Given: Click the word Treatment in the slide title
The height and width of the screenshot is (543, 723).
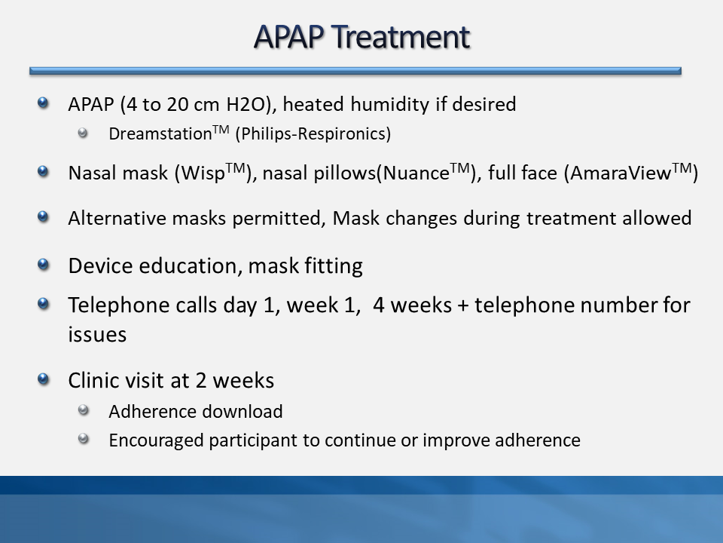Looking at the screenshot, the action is pos(400,37).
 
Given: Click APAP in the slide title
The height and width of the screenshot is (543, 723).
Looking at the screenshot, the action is pos(288,37).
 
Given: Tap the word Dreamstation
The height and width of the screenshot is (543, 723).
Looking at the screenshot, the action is pos(160,134).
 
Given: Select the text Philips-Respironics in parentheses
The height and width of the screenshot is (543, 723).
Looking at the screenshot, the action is pos(313,134).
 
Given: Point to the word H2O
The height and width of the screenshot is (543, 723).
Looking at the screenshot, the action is pos(246,104).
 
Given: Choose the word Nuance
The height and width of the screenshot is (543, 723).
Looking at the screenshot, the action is pos(416,173).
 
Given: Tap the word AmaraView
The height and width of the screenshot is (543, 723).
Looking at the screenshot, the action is pos(620,173).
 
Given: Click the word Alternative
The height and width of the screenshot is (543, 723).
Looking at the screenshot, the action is pos(117,218).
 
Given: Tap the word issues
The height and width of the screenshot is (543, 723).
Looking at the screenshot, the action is pos(97,335).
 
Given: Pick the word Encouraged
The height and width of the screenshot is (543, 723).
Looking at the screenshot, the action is pos(156,440).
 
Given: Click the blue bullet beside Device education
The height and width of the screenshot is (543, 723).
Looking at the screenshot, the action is pos(43,264).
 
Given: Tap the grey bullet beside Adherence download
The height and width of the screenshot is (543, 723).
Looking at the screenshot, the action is pos(83,410).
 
